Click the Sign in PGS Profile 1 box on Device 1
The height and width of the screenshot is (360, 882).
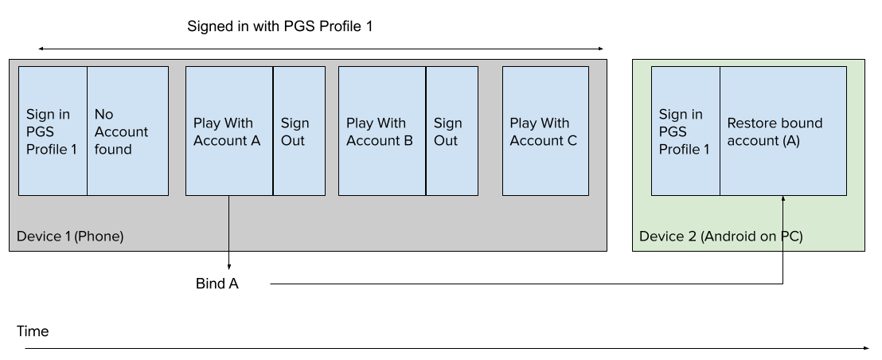point(53,131)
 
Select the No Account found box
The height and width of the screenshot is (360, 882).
point(127,131)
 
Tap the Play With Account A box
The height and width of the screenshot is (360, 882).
point(229,131)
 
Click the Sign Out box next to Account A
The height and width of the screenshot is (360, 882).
point(299,131)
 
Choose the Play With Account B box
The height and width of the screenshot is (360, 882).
point(382,131)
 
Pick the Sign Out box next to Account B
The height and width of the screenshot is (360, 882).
point(452,131)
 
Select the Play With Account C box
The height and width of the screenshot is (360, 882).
point(545,131)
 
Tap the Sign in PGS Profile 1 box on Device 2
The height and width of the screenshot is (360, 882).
point(685,131)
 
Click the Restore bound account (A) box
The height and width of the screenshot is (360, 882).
point(783,131)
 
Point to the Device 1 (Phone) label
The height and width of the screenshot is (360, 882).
point(70,237)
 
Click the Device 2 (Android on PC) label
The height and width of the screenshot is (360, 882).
point(720,237)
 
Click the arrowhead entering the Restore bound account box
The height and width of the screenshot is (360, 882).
point(783,199)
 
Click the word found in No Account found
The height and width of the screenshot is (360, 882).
point(113,149)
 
